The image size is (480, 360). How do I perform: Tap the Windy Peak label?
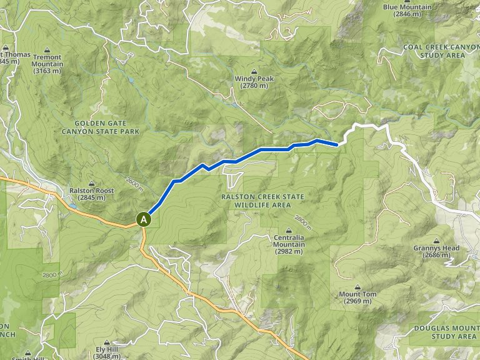pos(254,79)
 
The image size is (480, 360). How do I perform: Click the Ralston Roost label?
pos(91,191)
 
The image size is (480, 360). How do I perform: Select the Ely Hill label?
pos(107,351)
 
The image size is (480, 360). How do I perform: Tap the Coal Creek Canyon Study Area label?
pos(434,51)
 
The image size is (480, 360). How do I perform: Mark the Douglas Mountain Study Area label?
pos(445,332)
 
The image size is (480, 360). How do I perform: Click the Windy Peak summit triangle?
pos(255,71)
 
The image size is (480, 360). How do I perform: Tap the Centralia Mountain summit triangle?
pos(289,229)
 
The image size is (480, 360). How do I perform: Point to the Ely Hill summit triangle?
pos(107,343)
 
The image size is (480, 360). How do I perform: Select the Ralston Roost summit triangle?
pos(91,184)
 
